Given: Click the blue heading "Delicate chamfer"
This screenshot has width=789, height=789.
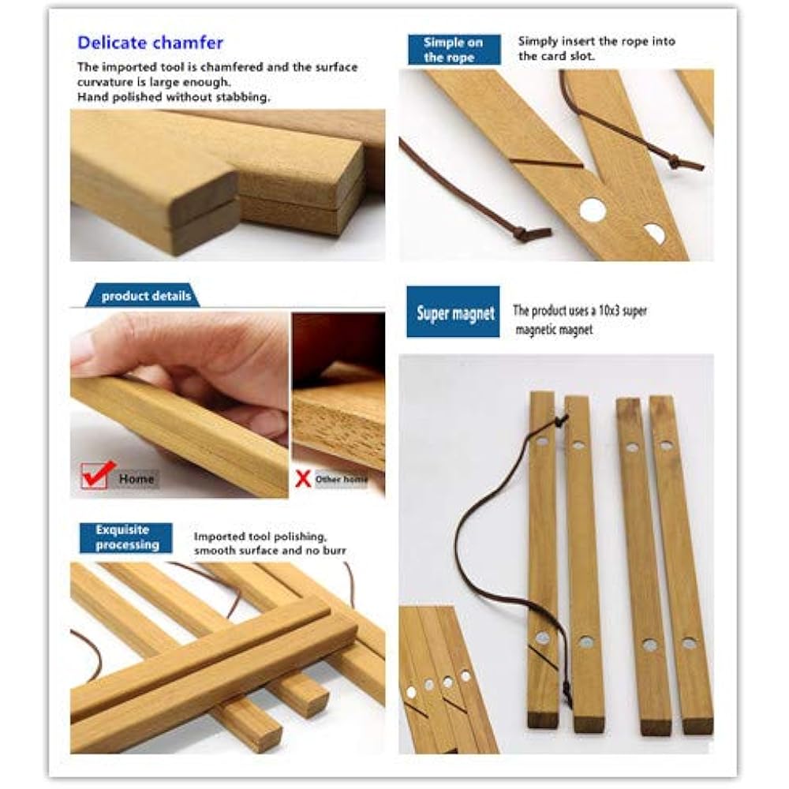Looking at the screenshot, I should [150, 43].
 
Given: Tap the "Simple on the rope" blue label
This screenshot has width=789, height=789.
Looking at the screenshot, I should [454, 50].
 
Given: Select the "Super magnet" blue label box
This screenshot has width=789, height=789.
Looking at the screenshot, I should [454, 313].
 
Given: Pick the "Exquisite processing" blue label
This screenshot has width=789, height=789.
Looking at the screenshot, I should [126, 537].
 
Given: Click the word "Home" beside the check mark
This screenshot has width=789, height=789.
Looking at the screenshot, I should [136, 478].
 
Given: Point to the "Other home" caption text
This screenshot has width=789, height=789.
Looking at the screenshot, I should [341, 479].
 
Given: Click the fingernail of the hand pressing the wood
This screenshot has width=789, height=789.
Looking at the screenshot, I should [82, 347].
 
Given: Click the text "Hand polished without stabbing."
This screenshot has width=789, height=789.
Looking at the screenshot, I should [174, 97].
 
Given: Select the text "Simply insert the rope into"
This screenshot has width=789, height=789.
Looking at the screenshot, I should [596, 42].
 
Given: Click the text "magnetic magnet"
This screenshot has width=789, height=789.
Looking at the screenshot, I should [553, 331].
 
